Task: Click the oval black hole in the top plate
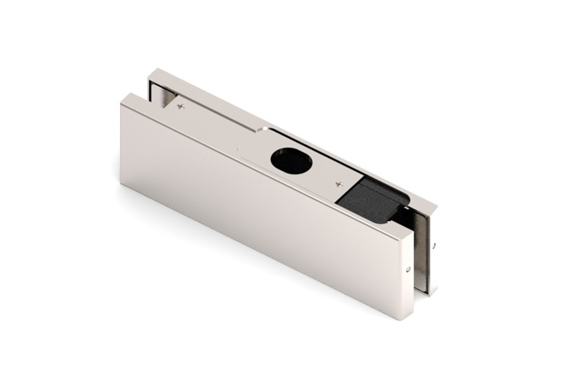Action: [292, 159]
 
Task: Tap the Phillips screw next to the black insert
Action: [339, 185]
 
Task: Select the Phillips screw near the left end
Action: [181, 106]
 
